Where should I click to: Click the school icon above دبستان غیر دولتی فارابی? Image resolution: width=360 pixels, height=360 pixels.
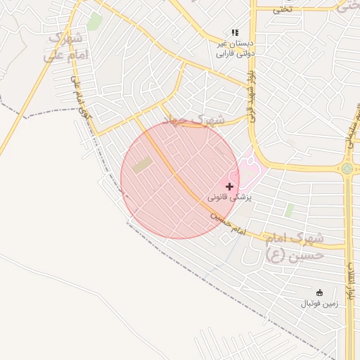point(235,32)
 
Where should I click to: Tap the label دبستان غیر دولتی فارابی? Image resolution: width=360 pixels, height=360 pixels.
point(235,48)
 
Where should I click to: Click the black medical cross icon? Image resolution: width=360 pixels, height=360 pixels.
point(229,186)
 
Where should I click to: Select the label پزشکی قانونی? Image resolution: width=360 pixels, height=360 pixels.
point(229,199)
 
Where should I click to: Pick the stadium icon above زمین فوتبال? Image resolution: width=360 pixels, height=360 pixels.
point(320,292)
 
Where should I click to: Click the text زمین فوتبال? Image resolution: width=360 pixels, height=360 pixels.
point(320,304)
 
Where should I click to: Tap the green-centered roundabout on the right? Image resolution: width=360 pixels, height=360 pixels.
point(347,169)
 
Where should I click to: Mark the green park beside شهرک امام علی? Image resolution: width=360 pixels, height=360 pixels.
point(95,22)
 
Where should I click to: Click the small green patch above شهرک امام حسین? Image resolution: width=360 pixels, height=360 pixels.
point(289,210)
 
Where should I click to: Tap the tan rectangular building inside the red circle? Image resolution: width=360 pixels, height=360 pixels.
point(142,166)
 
